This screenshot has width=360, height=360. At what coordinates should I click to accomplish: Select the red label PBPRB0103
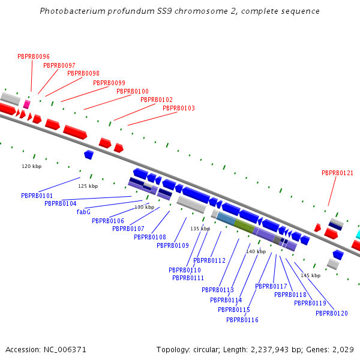(178, 108)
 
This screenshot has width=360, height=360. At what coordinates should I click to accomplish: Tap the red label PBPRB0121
(337, 173)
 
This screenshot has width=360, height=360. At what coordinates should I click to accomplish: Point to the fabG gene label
(83, 212)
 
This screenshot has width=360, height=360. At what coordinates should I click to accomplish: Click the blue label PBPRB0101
(37, 196)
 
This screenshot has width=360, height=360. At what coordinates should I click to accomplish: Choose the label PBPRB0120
(332, 313)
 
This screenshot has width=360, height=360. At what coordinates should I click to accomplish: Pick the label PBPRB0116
(242, 320)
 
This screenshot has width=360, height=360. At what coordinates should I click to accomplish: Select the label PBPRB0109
(173, 245)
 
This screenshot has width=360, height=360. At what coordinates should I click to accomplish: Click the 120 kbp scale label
(32, 166)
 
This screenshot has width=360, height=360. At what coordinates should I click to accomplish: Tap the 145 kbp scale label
(311, 275)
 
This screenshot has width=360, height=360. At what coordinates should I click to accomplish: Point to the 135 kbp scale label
(200, 229)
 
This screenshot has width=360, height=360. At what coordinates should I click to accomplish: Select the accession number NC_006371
(65, 349)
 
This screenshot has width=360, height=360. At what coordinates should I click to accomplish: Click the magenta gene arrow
(26, 104)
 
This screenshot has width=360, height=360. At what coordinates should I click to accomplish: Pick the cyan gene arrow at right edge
(358, 234)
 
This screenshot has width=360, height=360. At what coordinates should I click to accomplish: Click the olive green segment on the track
(244, 226)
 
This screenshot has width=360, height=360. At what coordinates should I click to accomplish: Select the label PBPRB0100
(133, 91)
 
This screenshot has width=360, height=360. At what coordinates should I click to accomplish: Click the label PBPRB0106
(108, 221)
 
